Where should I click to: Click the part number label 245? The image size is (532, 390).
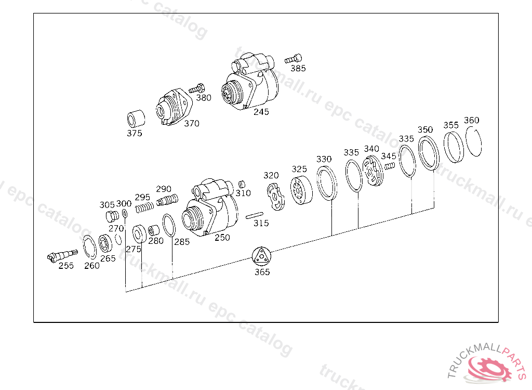coord(261,112)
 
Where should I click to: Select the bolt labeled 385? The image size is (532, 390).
coord(293,59)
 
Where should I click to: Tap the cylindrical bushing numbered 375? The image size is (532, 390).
coord(136,119)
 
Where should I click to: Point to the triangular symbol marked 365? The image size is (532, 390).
coord(262,256)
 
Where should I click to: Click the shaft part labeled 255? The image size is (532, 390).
coord(62,255)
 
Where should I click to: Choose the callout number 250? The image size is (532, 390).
coord(222,238)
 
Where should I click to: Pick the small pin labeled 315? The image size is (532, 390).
coord(255,215)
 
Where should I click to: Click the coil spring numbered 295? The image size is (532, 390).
coord(144,207)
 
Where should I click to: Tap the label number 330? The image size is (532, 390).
coord(324,159)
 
